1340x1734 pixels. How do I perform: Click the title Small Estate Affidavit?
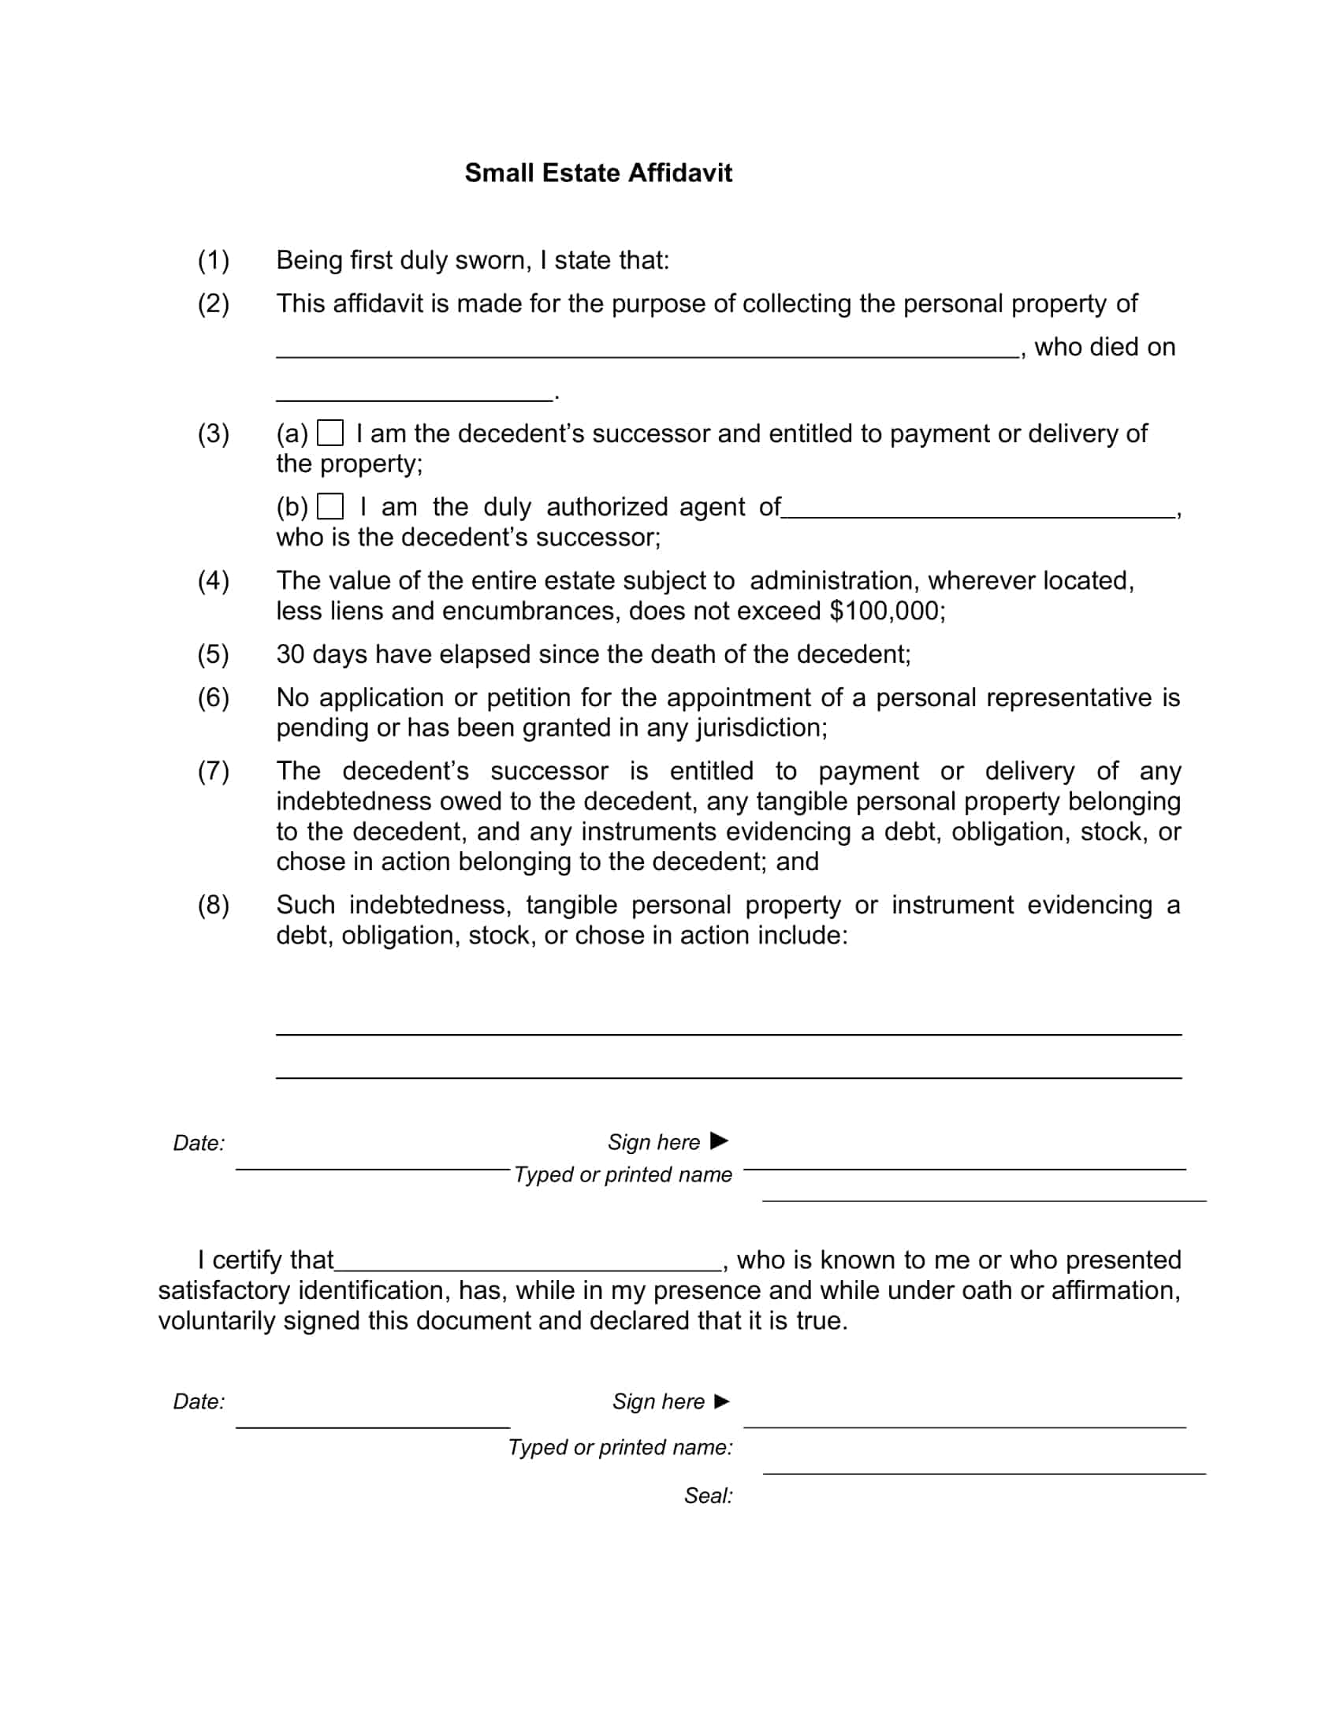(597, 173)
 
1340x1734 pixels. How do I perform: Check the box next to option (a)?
(330, 433)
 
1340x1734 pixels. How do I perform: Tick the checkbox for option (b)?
(330, 507)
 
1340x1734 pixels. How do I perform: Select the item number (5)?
(214, 654)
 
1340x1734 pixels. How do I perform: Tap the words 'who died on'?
(1104, 348)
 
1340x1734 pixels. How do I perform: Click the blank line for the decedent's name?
(647, 354)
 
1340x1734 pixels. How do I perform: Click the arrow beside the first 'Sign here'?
(719, 1141)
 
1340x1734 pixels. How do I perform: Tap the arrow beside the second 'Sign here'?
(721, 1401)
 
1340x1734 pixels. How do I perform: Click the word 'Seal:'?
(708, 1496)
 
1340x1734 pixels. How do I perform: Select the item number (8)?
(214, 905)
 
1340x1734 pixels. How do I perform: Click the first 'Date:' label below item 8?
(199, 1144)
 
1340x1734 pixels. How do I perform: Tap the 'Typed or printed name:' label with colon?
(621, 1447)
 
